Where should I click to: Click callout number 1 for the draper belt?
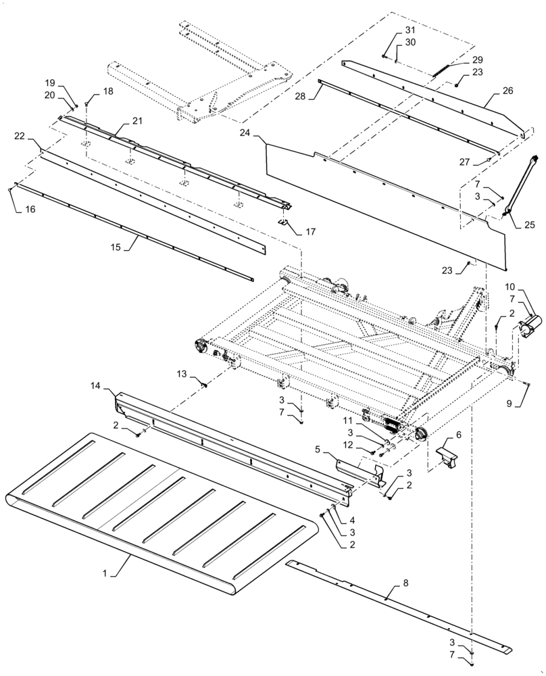(x=105, y=573)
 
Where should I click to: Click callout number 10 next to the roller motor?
(x=510, y=287)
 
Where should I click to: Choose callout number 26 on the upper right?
(x=508, y=90)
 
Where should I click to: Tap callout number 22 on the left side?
(x=20, y=136)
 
